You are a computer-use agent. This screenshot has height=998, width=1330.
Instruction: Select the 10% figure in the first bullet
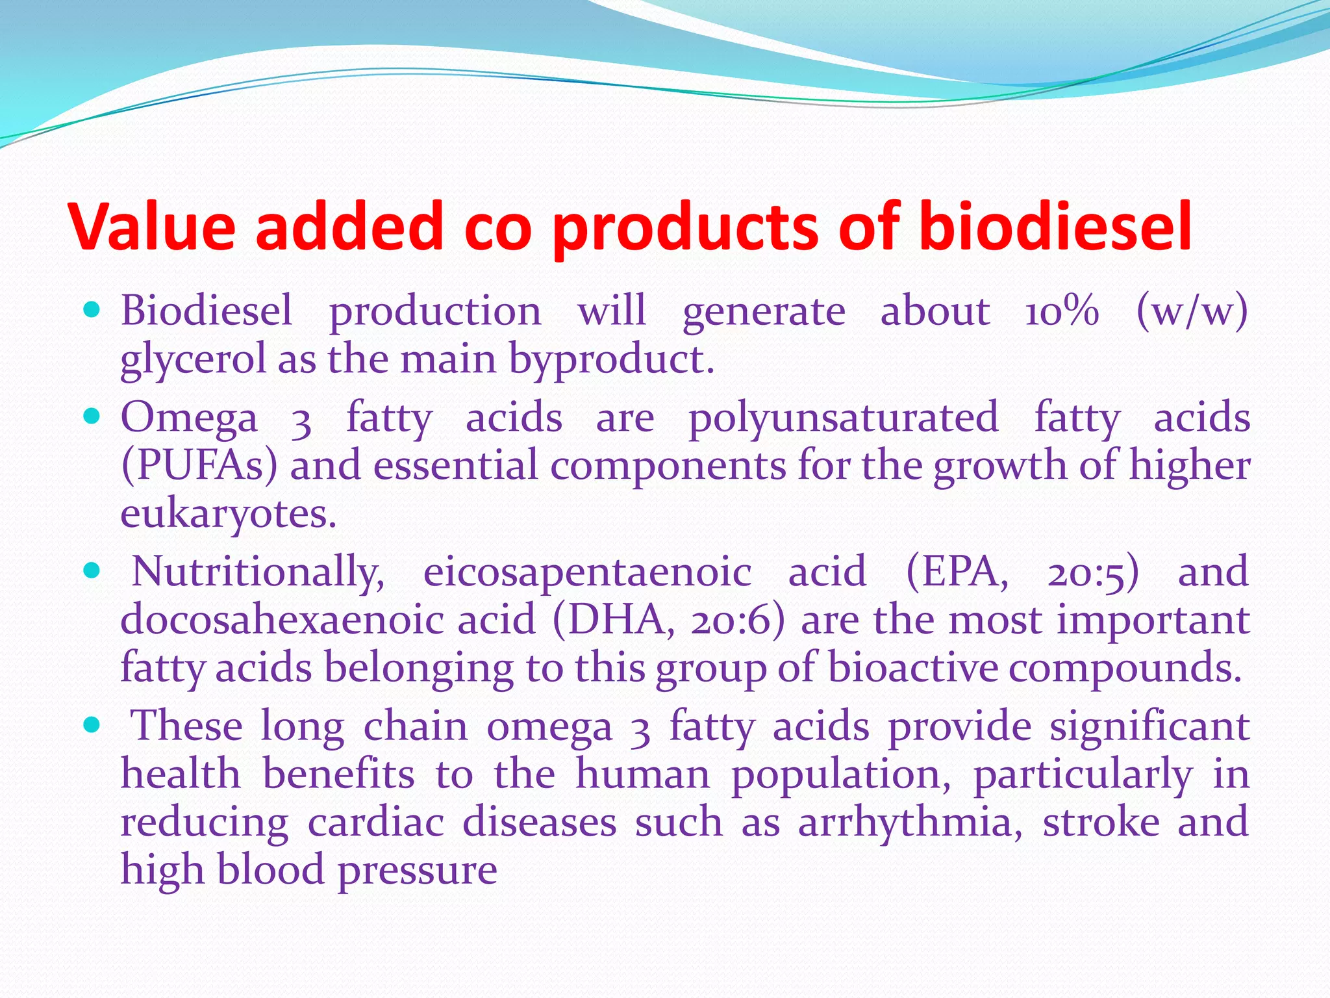(1062, 311)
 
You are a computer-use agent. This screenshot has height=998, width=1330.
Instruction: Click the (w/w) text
(1192, 311)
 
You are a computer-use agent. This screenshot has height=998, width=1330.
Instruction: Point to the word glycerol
(193, 359)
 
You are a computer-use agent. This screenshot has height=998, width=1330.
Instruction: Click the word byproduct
(610, 359)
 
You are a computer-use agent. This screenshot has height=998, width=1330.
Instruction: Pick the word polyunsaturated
(843, 418)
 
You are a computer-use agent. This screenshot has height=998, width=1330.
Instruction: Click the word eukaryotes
(228, 514)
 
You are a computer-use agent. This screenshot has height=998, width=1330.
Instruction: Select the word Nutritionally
(258, 572)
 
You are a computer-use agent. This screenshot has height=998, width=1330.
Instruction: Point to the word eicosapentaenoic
(587, 572)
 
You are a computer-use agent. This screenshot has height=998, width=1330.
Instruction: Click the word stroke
(1101, 823)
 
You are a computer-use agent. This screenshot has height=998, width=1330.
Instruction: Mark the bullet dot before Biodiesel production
(92, 310)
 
